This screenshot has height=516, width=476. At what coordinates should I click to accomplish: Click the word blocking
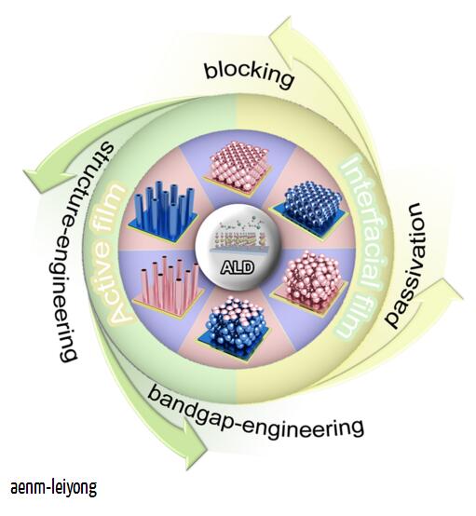pyautogui.click(x=250, y=75)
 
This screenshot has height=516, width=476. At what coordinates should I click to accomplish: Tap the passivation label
pyautogui.click(x=407, y=265)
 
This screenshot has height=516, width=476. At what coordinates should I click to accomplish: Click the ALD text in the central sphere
pyautogui.click(x=237, y=267)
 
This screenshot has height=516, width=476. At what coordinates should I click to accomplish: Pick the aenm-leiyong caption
pyautogui.click(x=54, y=488)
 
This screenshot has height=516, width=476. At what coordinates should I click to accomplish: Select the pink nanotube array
pyautogui.click(x=169, y=285)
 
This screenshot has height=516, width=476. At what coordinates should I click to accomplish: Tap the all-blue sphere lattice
pyautogui.click(x=309, y=209)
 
